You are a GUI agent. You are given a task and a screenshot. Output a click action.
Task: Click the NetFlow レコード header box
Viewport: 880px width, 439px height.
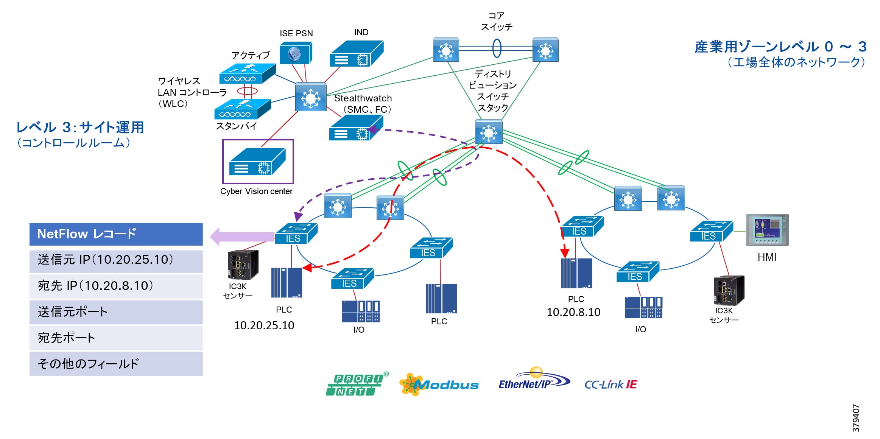116,234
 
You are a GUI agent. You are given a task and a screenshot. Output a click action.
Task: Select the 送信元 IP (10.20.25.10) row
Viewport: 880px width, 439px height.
116,260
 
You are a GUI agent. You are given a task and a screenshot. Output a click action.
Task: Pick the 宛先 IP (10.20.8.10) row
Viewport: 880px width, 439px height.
116,286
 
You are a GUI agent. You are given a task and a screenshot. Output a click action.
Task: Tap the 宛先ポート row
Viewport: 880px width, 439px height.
116,338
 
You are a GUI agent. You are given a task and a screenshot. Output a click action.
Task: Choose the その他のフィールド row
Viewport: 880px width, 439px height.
116,364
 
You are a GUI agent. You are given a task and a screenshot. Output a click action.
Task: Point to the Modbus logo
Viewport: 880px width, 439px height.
439,385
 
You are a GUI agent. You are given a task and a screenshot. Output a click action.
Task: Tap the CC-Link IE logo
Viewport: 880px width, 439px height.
611,385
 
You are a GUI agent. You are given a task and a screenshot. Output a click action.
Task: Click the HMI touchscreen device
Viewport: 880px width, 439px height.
767,230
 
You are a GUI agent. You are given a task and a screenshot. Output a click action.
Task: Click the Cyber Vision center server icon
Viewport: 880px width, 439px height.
257,161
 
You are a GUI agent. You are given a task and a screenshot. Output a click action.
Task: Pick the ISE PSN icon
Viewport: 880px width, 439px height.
296,53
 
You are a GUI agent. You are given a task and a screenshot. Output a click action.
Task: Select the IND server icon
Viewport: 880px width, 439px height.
357,54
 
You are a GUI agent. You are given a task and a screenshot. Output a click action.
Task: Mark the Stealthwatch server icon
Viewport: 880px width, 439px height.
356,128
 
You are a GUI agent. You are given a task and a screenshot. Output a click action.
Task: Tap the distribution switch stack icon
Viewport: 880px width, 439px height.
489,132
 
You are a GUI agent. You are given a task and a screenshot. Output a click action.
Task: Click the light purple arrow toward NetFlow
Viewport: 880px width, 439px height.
242,237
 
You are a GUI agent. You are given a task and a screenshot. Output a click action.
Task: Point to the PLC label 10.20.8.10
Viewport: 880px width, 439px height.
573,312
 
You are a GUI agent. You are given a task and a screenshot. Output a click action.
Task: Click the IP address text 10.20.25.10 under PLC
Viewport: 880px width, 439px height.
264,325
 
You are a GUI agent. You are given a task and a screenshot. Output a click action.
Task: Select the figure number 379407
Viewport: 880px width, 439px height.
855,418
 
